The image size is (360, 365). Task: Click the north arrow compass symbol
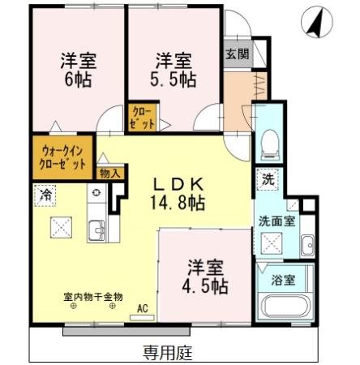(315, 22)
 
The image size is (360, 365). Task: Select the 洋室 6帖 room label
(77, 69)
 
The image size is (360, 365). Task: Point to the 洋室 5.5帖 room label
(173, 69)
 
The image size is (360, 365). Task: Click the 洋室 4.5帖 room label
(208, 276)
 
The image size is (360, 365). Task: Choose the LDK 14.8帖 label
(182, 192)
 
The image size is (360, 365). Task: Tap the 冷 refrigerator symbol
(46, 195)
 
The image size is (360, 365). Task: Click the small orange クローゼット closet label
(136, 118)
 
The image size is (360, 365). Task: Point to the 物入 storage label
(109, 173)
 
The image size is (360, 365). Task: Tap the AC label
(143, 308)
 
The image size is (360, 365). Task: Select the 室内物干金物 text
(93, 296)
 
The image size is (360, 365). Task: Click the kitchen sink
(94, 231)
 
